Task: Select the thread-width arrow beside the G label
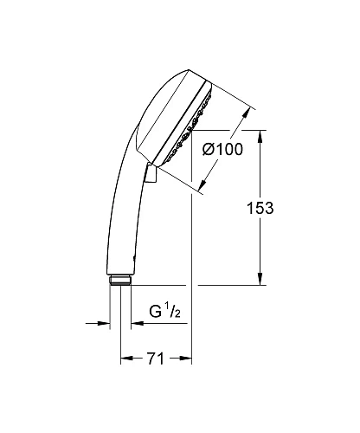[x=138, y=325]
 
